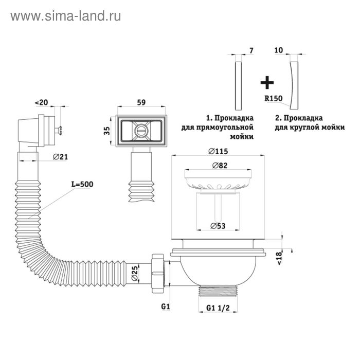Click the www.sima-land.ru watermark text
(66, 16)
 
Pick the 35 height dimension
(106, 130)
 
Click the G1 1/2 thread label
(218, 308)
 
